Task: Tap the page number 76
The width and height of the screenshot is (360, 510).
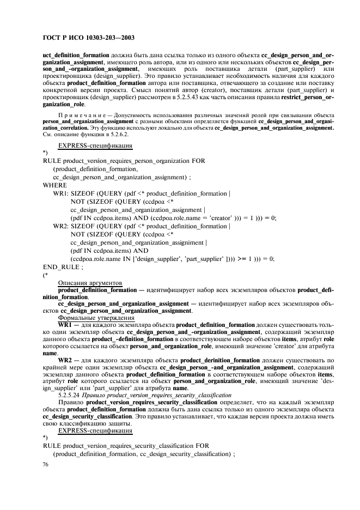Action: [x=46, y=464]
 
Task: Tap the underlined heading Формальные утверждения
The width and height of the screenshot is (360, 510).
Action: [x=96, y=317]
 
